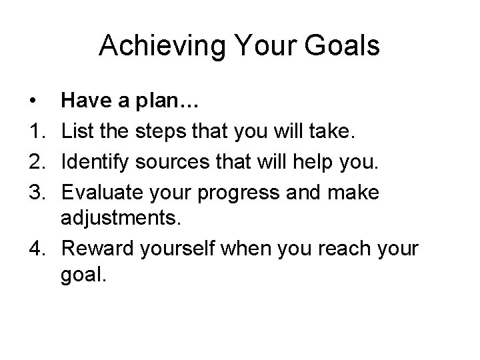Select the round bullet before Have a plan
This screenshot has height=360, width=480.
coord(33,101)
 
